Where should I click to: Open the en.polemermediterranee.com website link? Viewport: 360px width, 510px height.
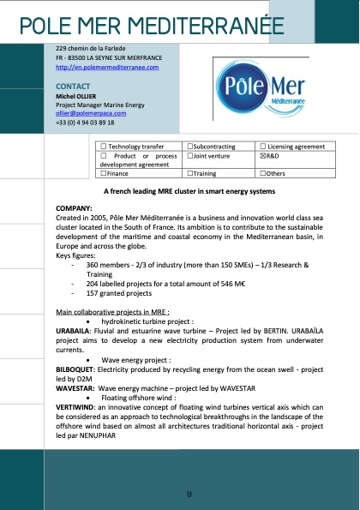[x=107, y=67]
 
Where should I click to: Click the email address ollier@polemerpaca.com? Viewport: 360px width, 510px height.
[x=91, y=112]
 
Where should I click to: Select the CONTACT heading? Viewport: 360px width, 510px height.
[x=72, y=87]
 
